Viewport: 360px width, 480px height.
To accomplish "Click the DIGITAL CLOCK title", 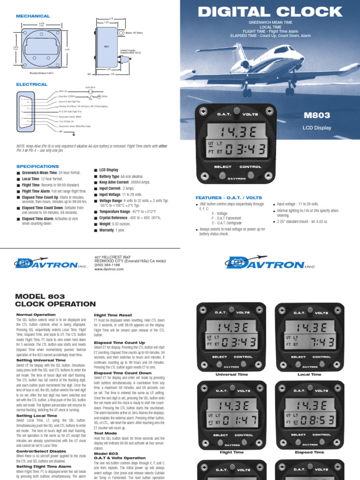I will (x=270, y=11).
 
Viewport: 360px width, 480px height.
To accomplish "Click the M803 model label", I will (x=317, y=115).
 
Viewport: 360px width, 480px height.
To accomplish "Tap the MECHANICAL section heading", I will (x=33, y=16).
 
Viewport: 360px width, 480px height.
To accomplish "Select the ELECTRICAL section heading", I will (x=32, y=84).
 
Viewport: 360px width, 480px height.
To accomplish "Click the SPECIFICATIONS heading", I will (x=37, y=166).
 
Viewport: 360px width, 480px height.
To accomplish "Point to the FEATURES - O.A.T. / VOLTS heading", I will (x=229, y=198).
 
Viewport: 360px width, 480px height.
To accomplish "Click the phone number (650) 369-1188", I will (x=107, y=265).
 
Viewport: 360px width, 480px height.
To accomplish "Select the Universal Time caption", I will (x=231, y=375).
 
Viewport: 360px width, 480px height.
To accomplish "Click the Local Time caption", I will (x=309, y=375).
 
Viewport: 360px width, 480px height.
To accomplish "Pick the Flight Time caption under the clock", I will (x=232, y=452).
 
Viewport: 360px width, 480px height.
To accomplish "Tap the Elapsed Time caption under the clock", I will (x=309, y=452).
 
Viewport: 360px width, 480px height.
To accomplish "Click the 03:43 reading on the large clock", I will (x=245, y=150).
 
